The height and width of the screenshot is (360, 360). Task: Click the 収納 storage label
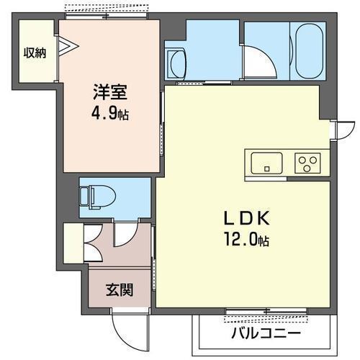tap(35, 53)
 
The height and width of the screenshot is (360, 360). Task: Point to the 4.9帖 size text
tap(109, 114)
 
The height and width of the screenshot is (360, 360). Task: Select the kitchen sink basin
tap(267, 163)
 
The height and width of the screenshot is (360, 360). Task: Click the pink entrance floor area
tap(119, 248)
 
